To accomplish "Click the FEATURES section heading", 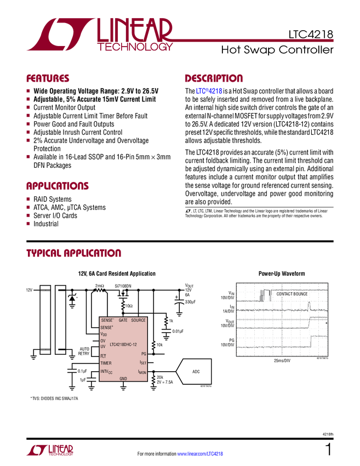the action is click(x=48, y=79).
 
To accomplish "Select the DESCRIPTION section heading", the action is click(x=214, y=79).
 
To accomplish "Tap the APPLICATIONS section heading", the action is click(x=57, y=186).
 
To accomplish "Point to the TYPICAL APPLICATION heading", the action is click(x=73, y=253).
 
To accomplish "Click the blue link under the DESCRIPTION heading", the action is click(x=208, y=92).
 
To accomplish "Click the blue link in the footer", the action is click(x=201, y=453).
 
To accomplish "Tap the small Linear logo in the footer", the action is click(x=49, y=450).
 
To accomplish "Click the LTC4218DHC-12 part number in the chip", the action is click(x=123, y=344).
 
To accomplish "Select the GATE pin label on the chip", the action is click(x=123, y=320).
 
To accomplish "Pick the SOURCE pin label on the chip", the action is click(x=138, y=320).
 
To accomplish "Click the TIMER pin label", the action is click(x=106, y=363).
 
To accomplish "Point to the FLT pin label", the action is click(x=103, y=356).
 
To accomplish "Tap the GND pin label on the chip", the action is click(x=123, y=378).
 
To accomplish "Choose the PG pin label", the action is click(x=144, y=354).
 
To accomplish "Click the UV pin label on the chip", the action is click(x=102, y=346).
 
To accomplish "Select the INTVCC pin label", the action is click(x=106, y=372).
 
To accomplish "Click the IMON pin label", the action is click(x=142, y=372).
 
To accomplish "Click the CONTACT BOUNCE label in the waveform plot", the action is click(x=292, y=294).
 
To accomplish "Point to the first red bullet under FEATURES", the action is click(x=28, y=90).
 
